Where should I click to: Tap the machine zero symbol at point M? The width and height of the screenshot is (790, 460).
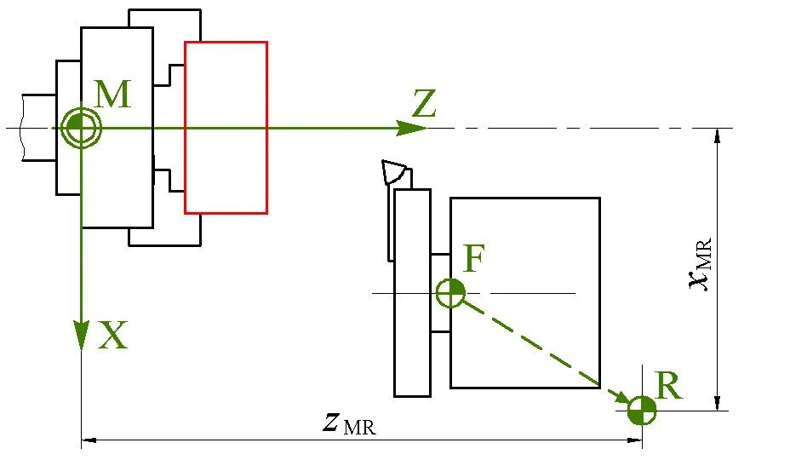pos(81,129)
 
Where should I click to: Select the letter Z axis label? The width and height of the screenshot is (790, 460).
pos(424,105)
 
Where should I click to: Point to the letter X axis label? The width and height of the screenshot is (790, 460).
pos(112,337)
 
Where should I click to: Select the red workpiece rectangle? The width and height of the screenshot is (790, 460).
pos(226,127)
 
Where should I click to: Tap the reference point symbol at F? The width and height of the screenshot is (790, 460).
pos(449,294)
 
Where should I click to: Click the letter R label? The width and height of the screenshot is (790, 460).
pos(668,388)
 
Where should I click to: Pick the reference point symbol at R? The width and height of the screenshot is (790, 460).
pos(641,411)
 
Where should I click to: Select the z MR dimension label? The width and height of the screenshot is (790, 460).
pos(349,423)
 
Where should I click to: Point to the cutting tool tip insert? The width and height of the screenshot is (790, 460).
pos(394,173)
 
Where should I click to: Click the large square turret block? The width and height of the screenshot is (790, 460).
pos(524,292)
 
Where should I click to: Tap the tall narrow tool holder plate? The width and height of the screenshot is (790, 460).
pos(412,292)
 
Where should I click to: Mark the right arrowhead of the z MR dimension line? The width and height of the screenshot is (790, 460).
pos(633,440)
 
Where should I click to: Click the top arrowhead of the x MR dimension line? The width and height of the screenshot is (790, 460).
pos(718,136)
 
